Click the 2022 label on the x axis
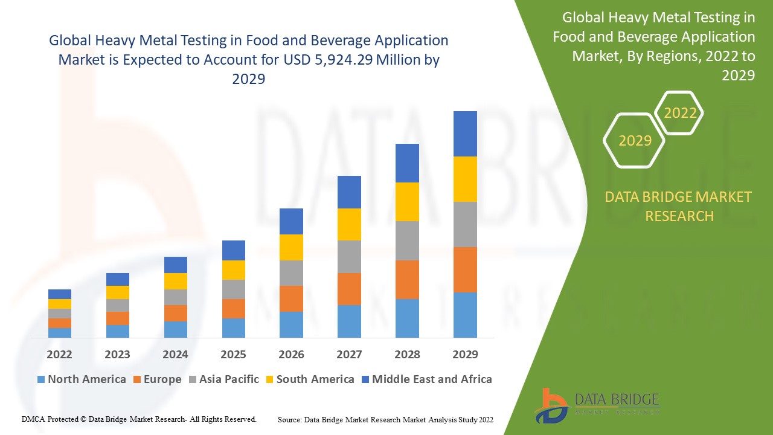click(59, 354)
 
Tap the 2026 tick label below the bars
click(291, 354)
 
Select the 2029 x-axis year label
click(465, 354)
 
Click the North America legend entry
click(82, 379)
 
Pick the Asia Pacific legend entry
click(224, 379)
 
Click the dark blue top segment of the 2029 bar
click(465, 134)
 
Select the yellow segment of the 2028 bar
click(407, 202)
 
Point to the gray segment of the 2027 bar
click(349, 257)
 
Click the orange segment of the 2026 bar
click(291, 298)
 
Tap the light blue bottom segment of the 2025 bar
click(233, 327)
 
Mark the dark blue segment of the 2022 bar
click(59, 294)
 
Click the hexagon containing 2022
click(680, 113)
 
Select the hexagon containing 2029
click(635, 141)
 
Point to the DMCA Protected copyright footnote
click(139, 419)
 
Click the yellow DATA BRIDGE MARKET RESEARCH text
click(679, 206)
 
